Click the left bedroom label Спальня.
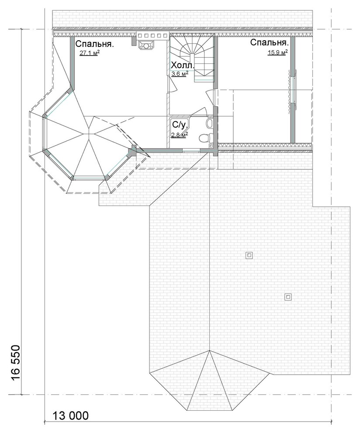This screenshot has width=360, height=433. [95, 44]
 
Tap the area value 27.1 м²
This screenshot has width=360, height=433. [90, 53]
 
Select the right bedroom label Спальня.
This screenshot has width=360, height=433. [270, 43]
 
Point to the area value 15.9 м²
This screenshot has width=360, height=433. [278, 52]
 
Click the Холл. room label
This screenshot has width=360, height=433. [183, 66]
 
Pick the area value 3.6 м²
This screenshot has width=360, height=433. [180, 74]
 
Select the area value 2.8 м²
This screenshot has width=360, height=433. [180, 134]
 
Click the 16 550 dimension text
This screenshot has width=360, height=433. [16, 362]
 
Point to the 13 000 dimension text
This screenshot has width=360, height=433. [71, 416]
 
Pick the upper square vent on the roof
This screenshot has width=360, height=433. [249, 255]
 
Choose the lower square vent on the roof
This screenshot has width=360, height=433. [288, 297]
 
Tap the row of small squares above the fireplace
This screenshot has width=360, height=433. [152, 35]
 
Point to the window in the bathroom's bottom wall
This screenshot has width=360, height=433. [191, 150]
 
